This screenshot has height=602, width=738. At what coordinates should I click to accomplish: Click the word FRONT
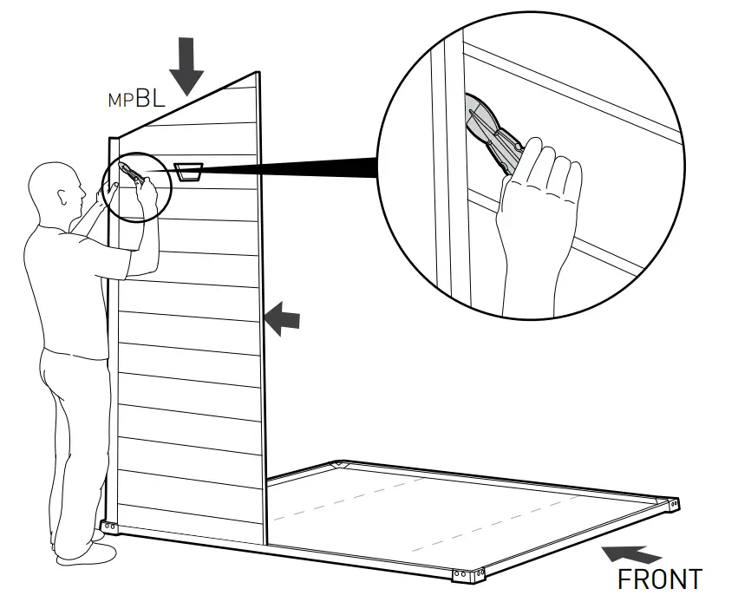tap(659, 579)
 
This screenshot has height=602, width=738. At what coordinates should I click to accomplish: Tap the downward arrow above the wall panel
tap(186, 66)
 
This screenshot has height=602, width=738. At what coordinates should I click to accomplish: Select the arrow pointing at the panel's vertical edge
tap(282, 320)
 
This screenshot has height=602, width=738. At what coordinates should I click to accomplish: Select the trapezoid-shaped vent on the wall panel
tap(188, 171)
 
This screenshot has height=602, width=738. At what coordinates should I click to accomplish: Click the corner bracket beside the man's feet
tap(108, 527)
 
